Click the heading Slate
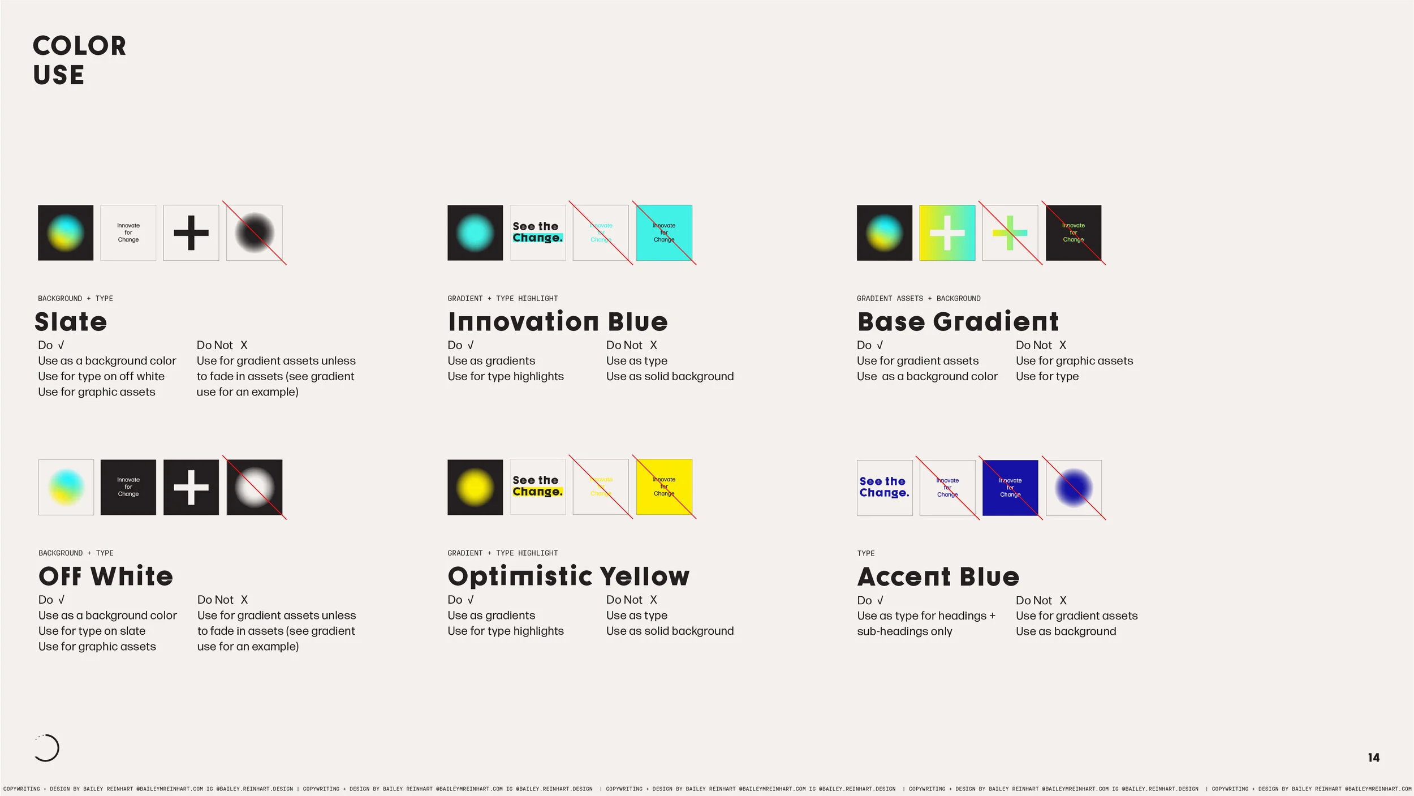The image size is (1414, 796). tap(71, 322)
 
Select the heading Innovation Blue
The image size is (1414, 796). tap(558, 322)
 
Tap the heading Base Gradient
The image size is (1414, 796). tap(958, 322)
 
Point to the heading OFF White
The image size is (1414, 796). tap(106, 576)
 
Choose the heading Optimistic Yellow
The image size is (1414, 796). tap(568, 576)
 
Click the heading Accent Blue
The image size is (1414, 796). tap(938, 577)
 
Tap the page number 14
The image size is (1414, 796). tap(1373, 758)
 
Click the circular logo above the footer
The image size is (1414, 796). tap(46, 748)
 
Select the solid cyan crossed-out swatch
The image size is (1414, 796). tap(664, 233)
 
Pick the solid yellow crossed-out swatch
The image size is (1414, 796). tap(664, 487)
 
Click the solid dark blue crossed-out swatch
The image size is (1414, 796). tap(1010, 488)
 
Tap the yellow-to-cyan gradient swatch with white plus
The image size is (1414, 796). tap(947, 233)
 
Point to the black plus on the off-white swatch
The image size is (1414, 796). tap(191, 233)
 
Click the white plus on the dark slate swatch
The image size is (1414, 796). tap(191, 487)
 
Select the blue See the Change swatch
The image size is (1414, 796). tap(885, 488)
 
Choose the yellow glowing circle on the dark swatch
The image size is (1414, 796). tap(475, 487)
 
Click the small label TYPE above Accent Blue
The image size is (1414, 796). tap(865, 553)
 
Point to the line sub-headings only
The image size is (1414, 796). tap(904, 631)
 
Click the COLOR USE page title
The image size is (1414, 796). tap(79, 60)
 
